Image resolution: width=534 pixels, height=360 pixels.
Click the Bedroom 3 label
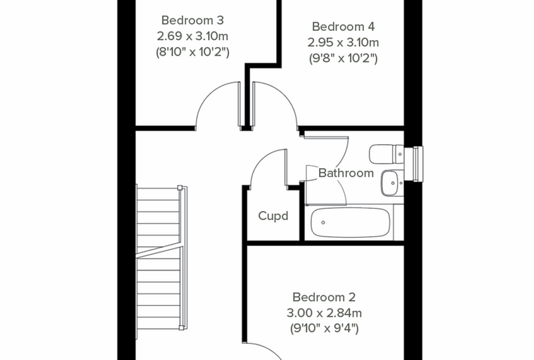193,20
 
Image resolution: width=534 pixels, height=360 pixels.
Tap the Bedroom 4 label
344,27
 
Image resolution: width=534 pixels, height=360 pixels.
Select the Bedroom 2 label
324,297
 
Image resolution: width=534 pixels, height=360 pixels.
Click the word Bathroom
346,173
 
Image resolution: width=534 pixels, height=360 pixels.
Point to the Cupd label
273,216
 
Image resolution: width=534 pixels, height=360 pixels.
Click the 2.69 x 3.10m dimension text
193,36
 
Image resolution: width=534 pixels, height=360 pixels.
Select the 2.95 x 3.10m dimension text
344,43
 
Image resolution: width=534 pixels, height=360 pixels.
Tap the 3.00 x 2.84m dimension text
324,313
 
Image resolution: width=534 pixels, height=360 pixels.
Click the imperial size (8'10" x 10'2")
193,52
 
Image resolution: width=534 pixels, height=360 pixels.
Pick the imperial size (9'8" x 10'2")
344,58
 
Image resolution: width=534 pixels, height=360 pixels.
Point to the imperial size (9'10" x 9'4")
324,328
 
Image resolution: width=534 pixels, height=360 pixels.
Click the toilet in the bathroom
386,154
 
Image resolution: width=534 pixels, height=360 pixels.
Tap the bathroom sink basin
391,183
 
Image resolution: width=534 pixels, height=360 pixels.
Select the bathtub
351,222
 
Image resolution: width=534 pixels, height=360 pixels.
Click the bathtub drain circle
323,223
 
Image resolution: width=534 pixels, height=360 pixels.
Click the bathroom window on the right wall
418,164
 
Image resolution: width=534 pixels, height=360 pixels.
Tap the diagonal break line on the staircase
158,250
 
